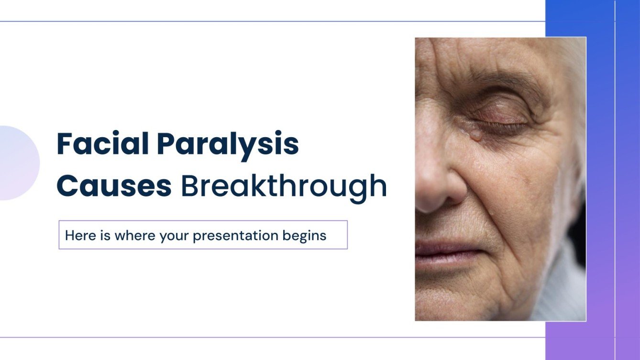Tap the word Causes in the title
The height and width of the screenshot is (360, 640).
pos(114,186)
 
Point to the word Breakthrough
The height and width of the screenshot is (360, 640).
pos(284,186)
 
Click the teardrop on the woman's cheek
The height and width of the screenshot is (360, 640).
pos(475,135)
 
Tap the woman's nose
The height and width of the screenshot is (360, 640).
pos(438,186)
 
